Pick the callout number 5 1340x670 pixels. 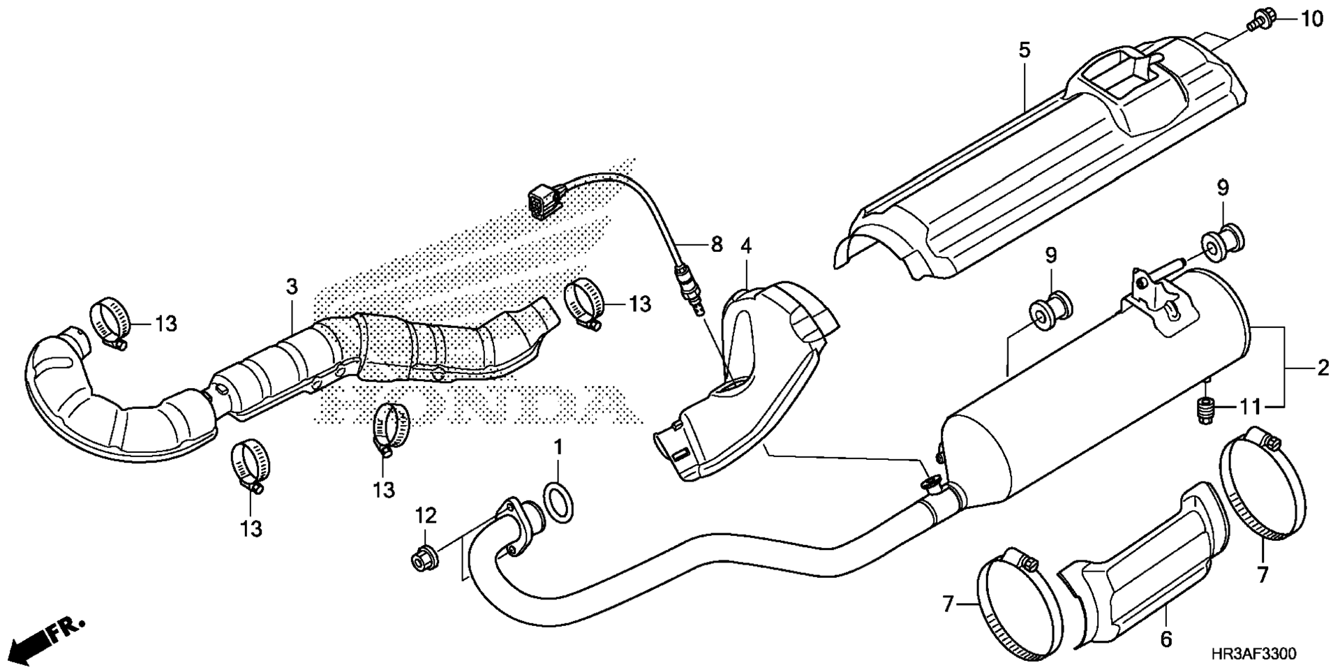point(1024,50)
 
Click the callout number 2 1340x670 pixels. point(1323,368)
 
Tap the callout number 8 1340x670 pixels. point(717,244)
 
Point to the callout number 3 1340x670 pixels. point(291,285)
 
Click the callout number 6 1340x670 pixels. point(1166,639)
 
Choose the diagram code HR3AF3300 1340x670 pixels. point(1253,654)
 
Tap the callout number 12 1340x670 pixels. point(426,516)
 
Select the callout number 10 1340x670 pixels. point(1311,20)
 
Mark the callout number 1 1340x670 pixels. point(558,446)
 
